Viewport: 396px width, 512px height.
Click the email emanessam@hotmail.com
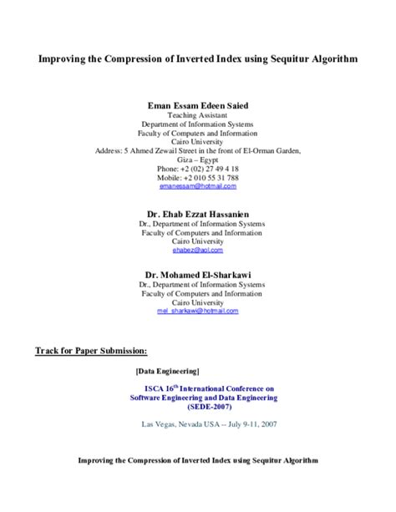tap(198, 186)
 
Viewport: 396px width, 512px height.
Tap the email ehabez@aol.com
tap(198, 248)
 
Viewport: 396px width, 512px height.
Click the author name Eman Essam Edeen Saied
tap(198, 106)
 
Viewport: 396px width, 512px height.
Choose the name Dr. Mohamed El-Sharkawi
tap(198, 273)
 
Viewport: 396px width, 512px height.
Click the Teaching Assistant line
tap(198, 116)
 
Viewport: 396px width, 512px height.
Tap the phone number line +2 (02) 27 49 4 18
tap(198, 168)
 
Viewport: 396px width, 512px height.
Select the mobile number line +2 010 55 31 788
tap(198, 177)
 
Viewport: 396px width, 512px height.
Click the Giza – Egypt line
tap(198, 160)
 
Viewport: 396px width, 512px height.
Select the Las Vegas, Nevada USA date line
tap(210, 424)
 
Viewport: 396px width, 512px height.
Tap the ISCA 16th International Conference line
tap(210, 388)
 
